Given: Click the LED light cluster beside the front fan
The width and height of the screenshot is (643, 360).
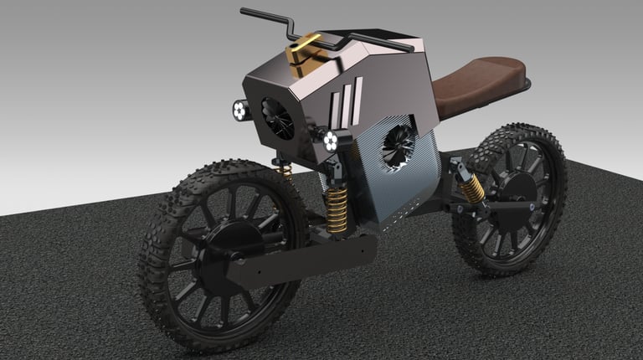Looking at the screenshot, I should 239,109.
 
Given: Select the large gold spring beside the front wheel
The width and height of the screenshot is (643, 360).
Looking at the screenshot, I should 337,208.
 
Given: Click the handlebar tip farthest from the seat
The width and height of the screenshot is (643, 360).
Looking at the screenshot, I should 244,12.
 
